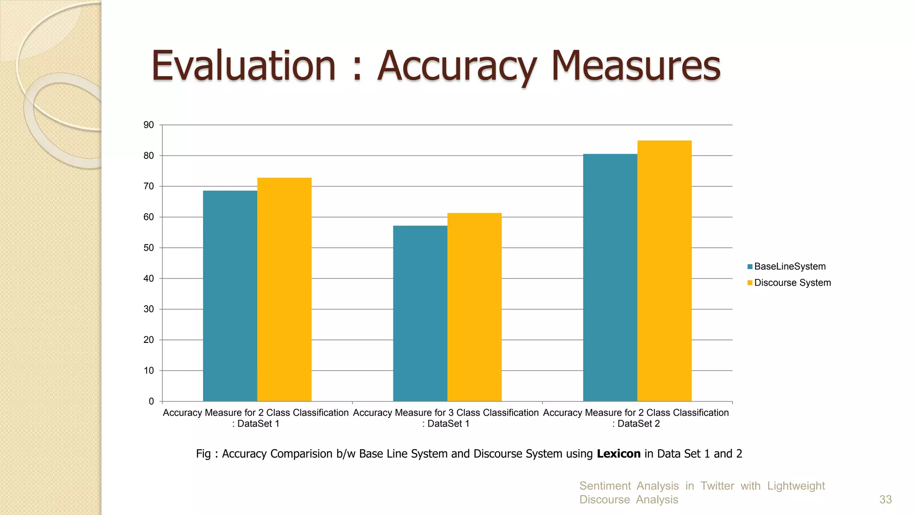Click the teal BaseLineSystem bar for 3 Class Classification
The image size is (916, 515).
tap(420, 313)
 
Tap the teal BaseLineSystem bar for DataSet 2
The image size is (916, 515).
tap(610, 277)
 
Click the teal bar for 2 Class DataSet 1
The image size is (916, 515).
tap(230, 295)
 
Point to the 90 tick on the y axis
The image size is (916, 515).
tap(148, 125)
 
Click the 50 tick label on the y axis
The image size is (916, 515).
tap(148, 248)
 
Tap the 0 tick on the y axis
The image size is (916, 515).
tap(151, 401)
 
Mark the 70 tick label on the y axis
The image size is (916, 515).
tap(148, 186)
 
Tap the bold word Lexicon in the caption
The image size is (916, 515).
tap(619, 454)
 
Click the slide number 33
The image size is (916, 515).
tap(885, 499)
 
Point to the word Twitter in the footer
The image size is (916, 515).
tap(717, 486)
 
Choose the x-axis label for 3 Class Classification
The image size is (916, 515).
tap(446, 418)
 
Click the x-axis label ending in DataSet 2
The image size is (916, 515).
tap(636, 418)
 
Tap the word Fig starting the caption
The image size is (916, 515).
tap(203, 454)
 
